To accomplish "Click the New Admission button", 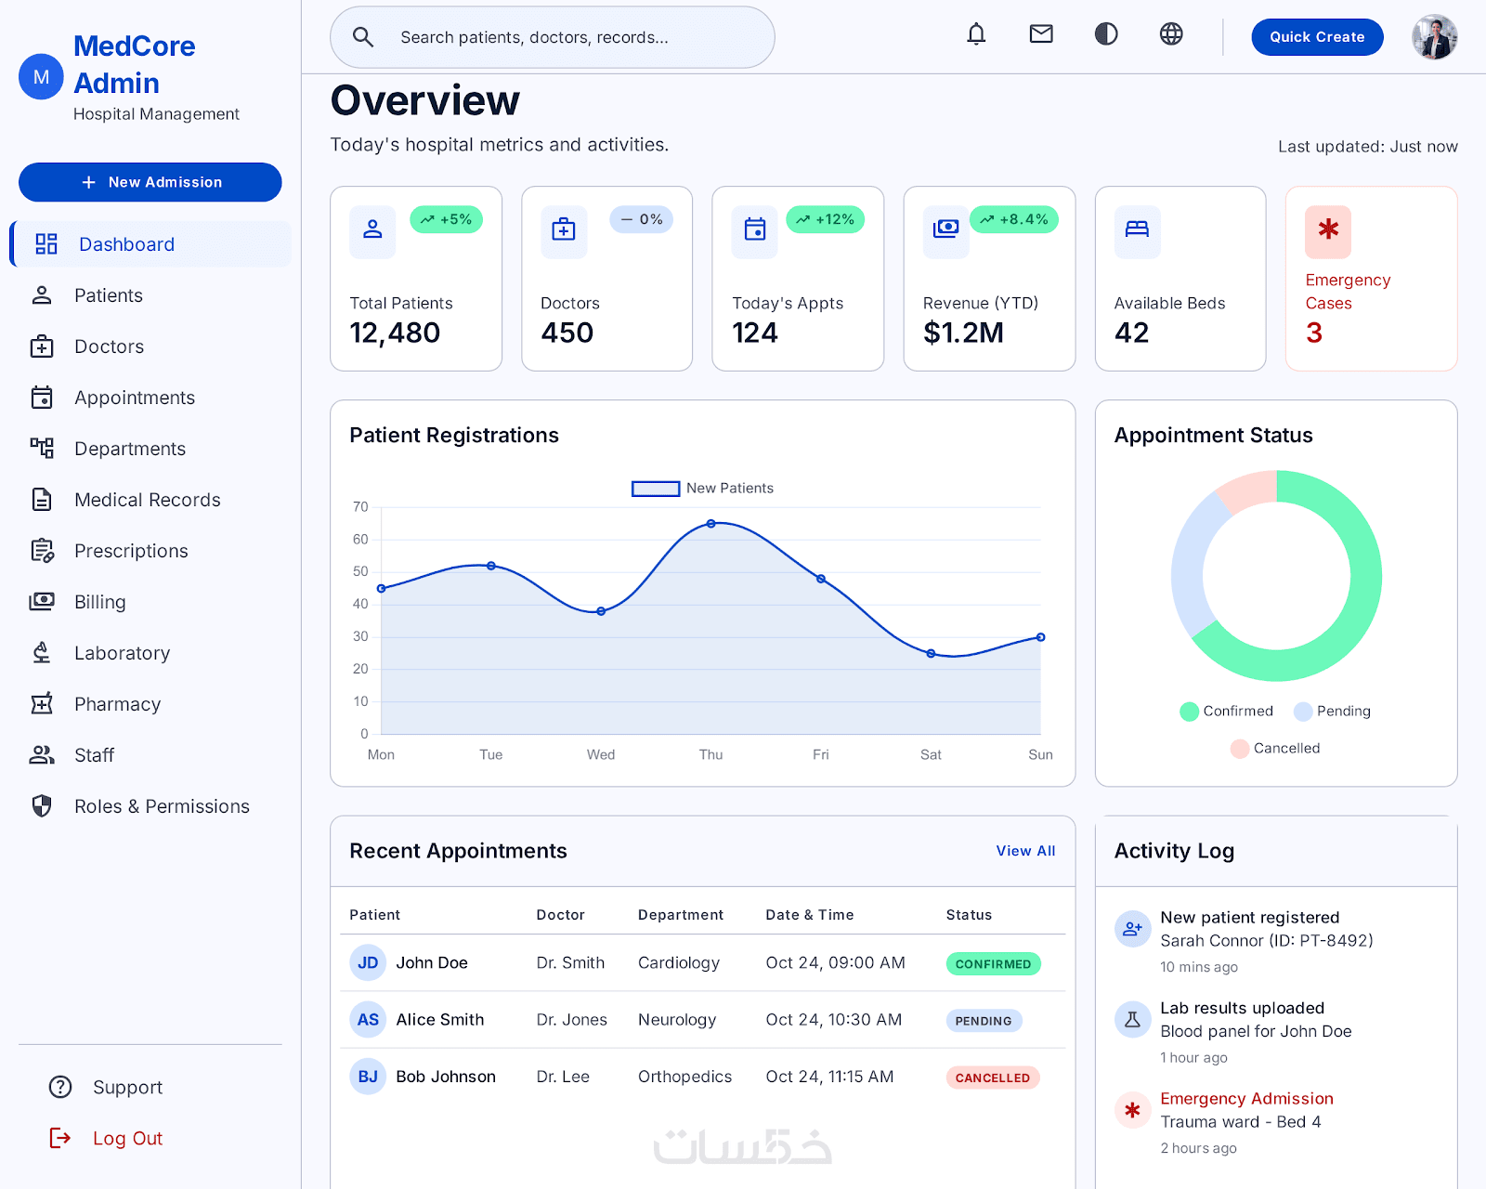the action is [x=150, y=182].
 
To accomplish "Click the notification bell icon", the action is [x=976, y=33].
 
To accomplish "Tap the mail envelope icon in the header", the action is [x=1040, y=33].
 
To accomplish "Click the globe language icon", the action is [x=1170, y=33].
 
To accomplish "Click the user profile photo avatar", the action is [x=1434, y=36].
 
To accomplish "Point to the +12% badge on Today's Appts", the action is [x=825, y=220].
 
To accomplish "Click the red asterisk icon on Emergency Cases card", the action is [x=1328, y=229].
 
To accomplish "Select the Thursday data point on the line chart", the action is [x=710, y=524].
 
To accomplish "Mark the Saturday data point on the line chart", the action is [x=931, y=654].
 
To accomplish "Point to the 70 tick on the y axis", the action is [x=360, y=507].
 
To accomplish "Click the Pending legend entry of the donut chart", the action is [x=1332, y=711].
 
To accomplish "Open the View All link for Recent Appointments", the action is [x=1025, y=851].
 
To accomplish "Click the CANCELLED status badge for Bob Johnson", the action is [x=992, y=1078].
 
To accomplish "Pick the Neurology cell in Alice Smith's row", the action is [x=677, y=1020].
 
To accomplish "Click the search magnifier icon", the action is [x=363, y=37].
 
